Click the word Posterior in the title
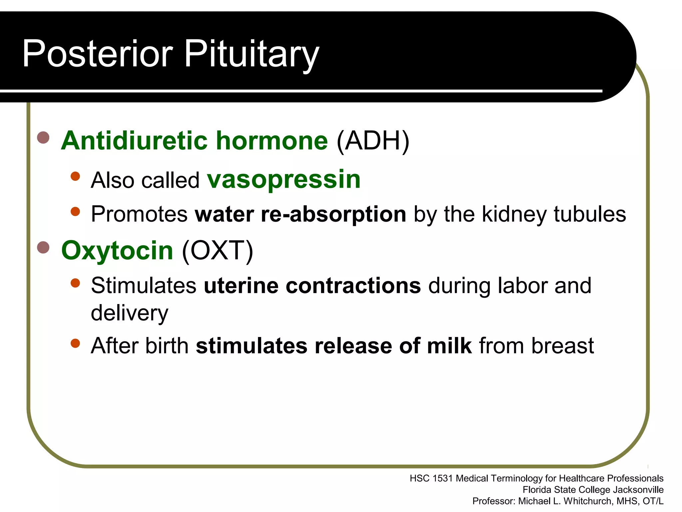pos(97,53)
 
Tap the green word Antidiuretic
pos(135,141)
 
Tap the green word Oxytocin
pos(117,251)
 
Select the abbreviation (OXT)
pos(217,251)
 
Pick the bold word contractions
pos(353,286)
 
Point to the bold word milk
pos(449,346)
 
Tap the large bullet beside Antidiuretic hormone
pos(43,137)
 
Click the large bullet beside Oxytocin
pos(43,247)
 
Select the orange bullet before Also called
pos(76,176)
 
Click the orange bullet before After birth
pos(76,343)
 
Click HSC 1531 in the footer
pos(431,479)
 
